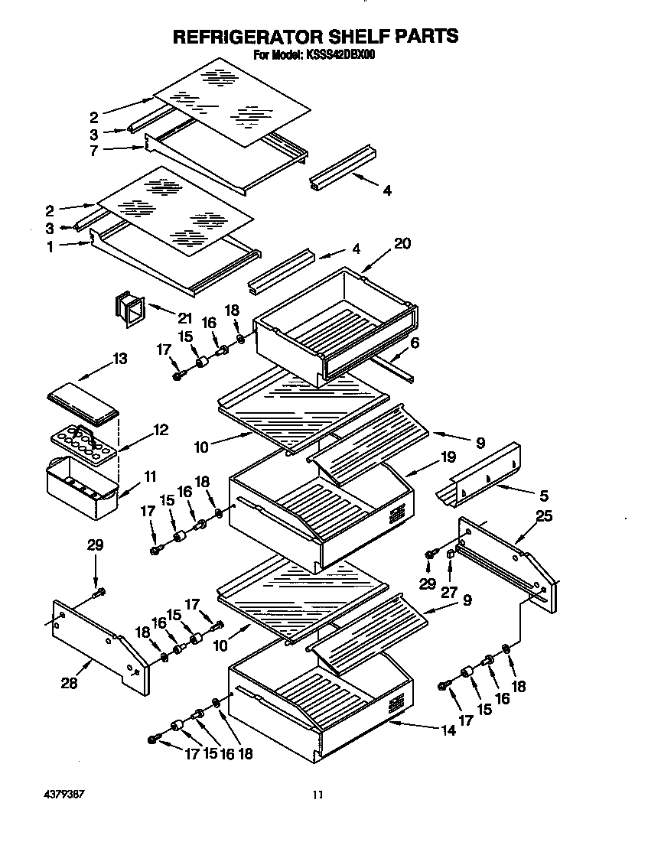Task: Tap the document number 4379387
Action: click(60, 794)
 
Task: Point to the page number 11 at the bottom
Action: click(317, 795)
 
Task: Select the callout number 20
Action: click(402, 244)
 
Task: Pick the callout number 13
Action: click(119, 359)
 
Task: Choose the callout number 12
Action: click(160, 430)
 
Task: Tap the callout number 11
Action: click(150, 476)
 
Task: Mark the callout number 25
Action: click(544, 518)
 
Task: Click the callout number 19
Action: click(448, 457)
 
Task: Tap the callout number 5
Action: click(544, 496)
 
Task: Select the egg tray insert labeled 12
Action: click(83, 443)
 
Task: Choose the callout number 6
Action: click(414, 343)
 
